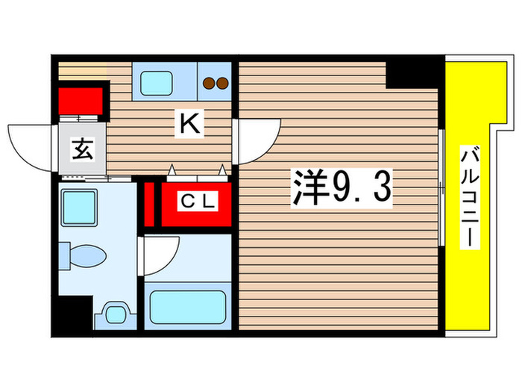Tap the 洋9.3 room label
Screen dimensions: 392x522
point(339,190)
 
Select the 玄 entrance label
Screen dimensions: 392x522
point(82,150)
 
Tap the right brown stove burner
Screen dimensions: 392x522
point(223,84)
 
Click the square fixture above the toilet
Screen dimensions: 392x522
point(78,206)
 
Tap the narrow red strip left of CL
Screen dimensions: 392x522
point(148,202)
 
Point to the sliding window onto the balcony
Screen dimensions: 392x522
point(442,187)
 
